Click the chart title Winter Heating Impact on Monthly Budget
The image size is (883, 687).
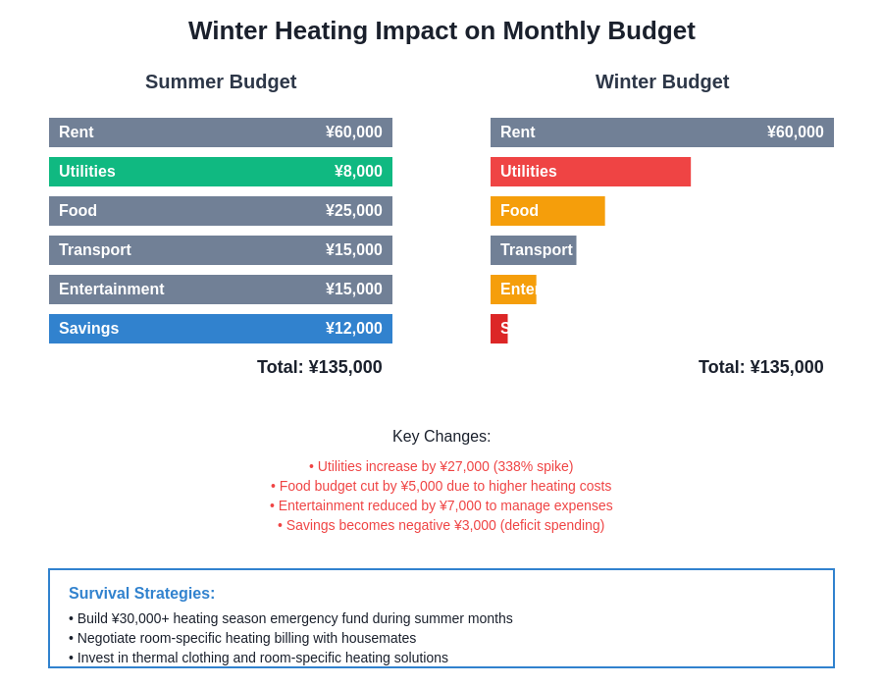(x=441, y=30)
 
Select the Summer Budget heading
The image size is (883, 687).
(x=221, y=81)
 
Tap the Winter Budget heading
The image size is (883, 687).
(x=662, y=81)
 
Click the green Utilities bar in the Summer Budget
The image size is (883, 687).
(x=221, y=172)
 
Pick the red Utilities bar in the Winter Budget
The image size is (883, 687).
(x=591, y=172)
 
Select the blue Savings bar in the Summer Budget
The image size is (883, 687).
(x=221, y=329)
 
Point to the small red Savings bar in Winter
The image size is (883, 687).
(x=498, y=329)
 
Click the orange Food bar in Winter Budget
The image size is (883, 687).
(x=547, y=211)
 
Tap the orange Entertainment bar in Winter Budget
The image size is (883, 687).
(x=513, y=290)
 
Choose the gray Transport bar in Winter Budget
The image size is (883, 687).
(x=533, y=250)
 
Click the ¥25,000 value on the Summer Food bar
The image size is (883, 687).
(x=354, y=211)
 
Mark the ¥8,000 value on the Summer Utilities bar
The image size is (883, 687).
(x=358, y=172)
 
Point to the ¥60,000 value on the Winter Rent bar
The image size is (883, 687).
(x=796, y=132)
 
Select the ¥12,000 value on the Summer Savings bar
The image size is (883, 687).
(x=354, y=329)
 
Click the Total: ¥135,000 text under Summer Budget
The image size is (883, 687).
(x=320, y=367)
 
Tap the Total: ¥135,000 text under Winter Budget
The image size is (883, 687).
(x=761, y=367)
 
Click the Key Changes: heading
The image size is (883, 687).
(x=441, y=437)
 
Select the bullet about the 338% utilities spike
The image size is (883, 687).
(x=441, y=466)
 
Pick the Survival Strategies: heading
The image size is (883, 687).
(x=142, y=594)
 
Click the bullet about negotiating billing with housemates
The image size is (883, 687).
(x=242, y=638)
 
